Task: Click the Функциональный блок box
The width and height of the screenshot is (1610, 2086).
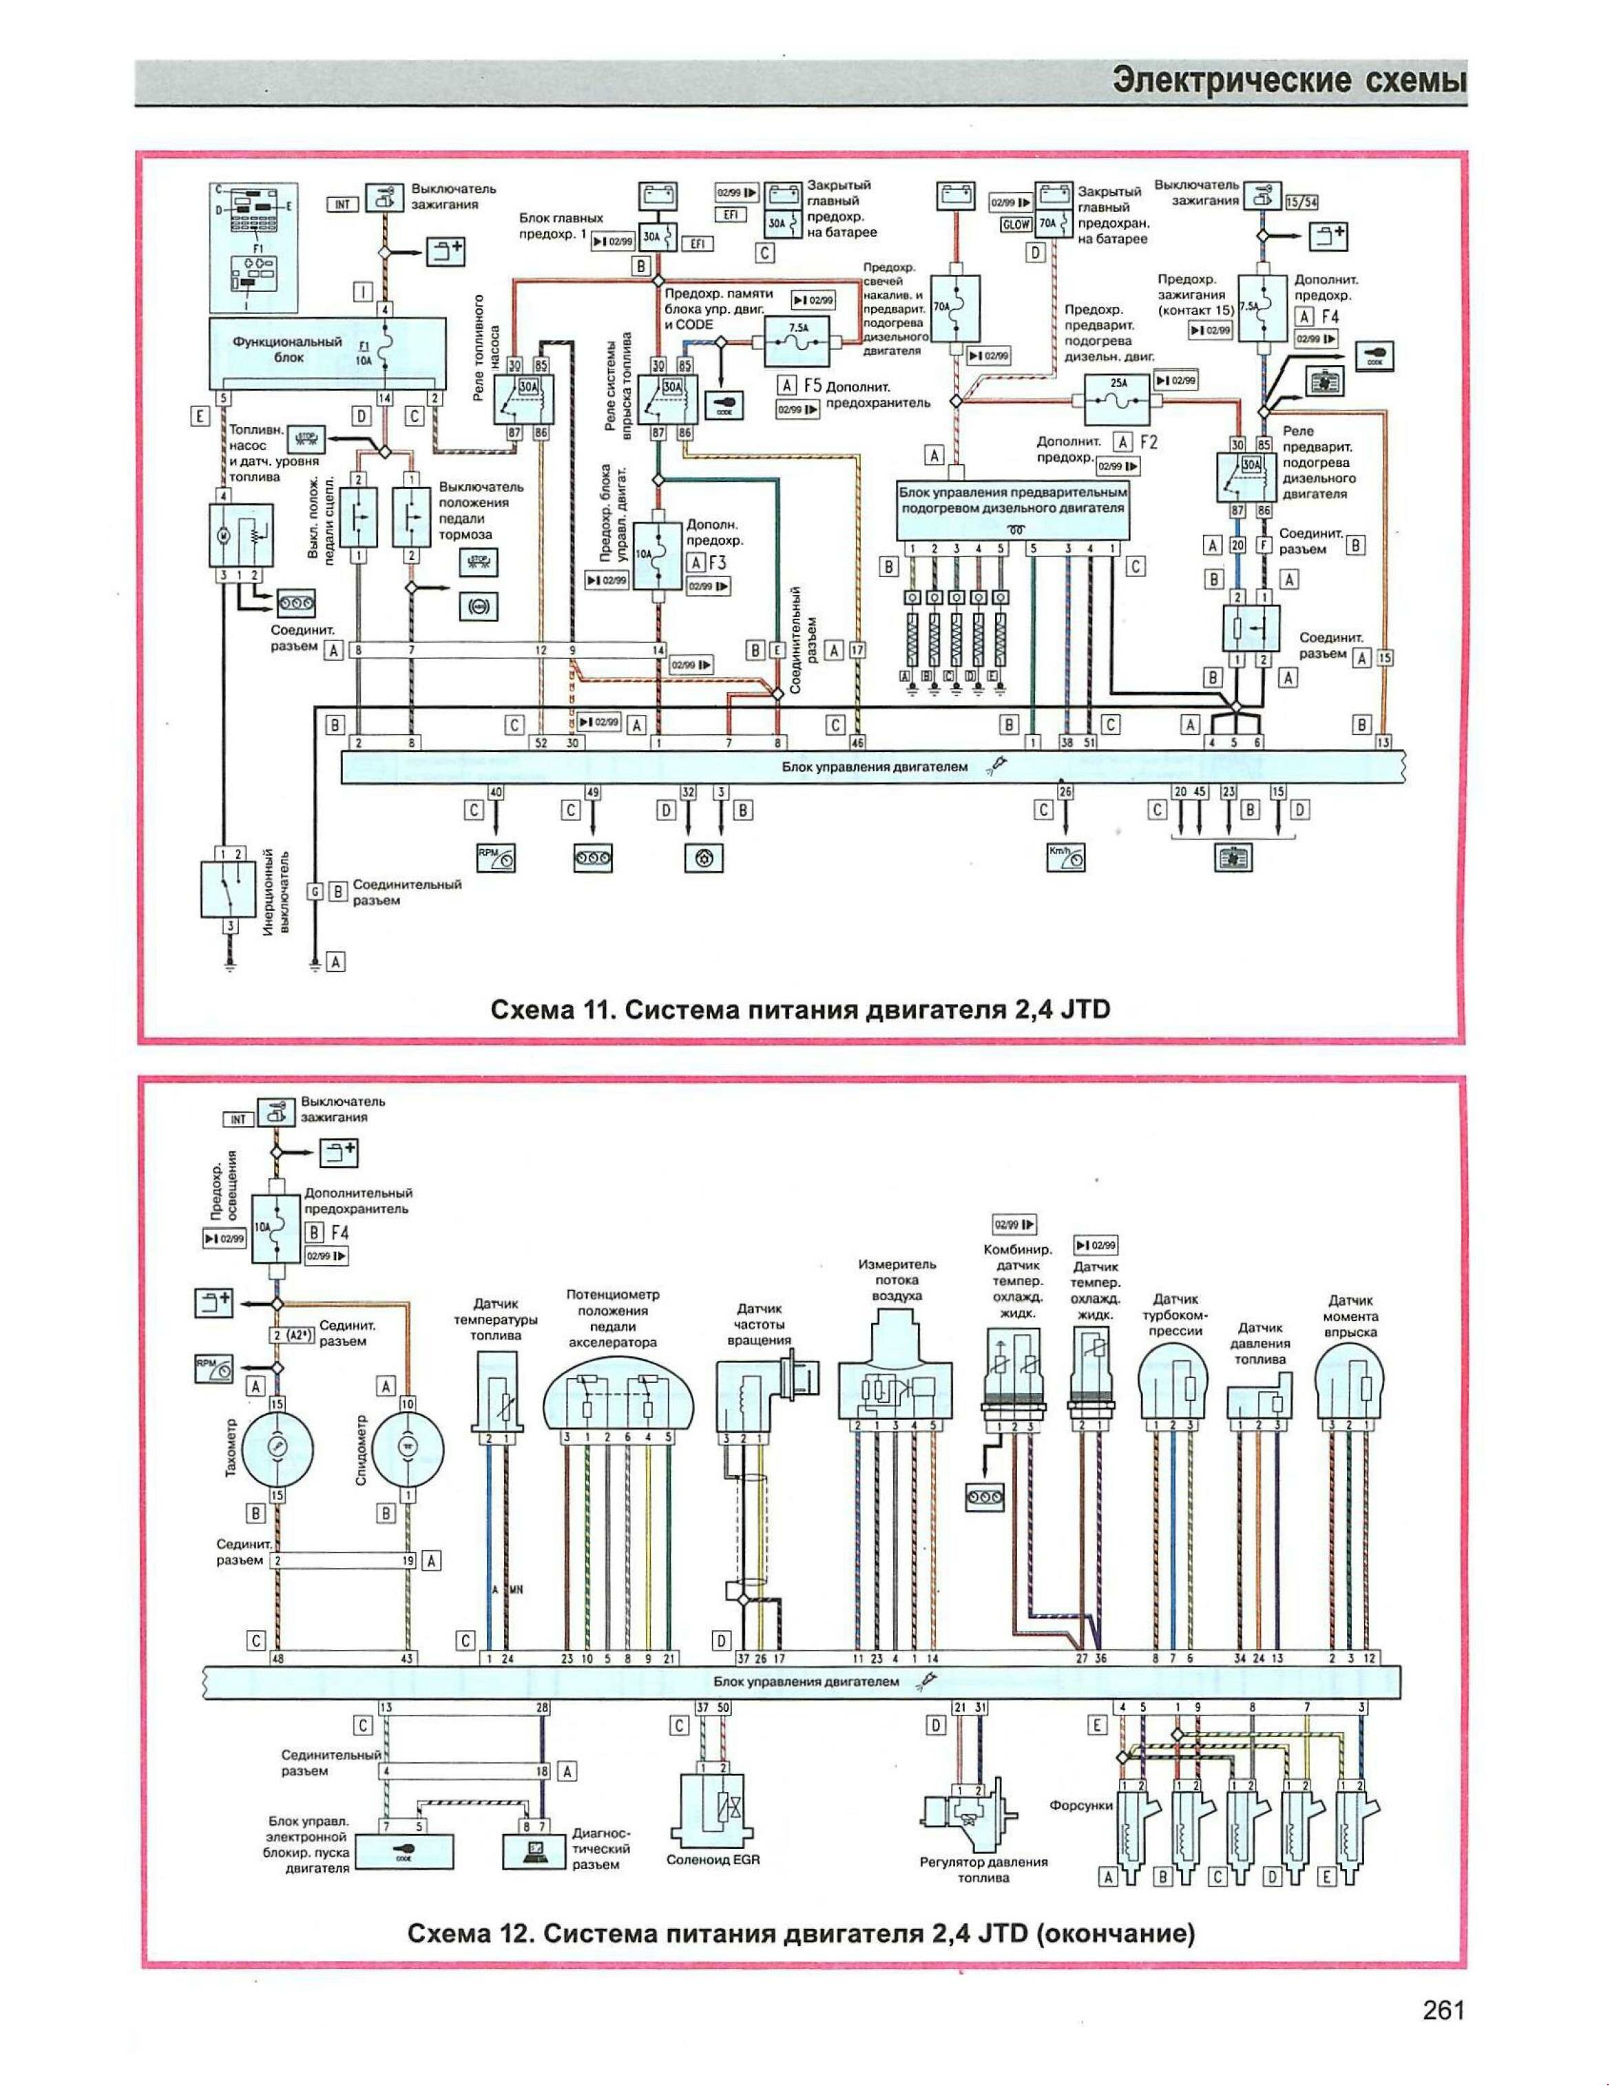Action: pos(328,350)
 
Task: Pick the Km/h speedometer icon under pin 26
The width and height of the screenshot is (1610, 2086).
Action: pos(1067,857)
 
